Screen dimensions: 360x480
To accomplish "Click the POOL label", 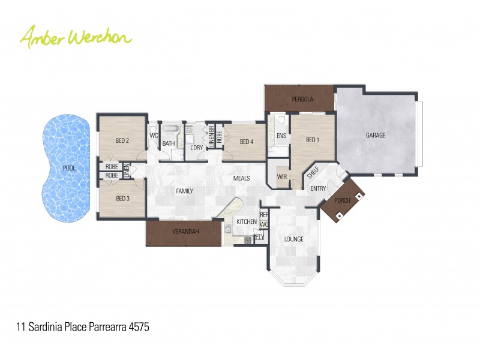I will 70,169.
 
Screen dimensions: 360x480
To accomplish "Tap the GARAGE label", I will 376,136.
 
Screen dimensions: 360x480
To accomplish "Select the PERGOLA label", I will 303,99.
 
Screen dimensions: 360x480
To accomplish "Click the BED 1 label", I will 313,140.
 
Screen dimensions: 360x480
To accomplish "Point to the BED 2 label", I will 122,141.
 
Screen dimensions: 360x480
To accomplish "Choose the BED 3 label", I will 122,199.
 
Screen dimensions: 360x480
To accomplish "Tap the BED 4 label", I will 247,142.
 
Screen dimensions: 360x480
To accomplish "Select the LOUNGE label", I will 294,239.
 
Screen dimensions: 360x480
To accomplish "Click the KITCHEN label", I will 247,222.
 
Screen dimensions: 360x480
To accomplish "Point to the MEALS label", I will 242,178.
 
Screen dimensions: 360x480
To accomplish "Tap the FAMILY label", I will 184,191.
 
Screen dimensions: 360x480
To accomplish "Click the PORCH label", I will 342,200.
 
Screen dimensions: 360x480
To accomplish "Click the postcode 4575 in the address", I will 139,328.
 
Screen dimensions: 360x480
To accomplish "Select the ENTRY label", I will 318,188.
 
